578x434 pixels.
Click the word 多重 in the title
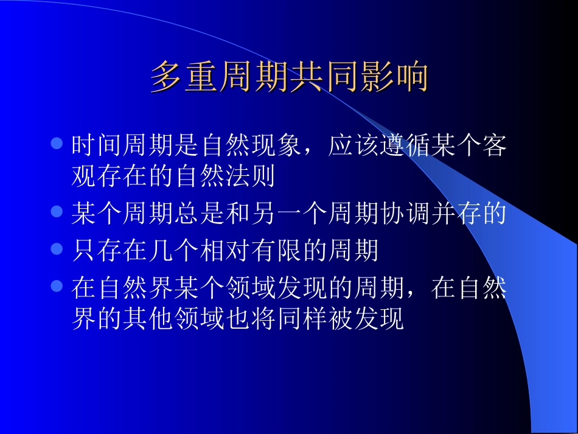[x=185, y=78]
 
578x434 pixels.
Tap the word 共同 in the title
[x=324, y=78]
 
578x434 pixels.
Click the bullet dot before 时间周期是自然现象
[x=57, y=144]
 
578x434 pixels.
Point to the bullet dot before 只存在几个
[x=57, y=249]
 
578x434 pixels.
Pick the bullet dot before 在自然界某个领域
[x=57, y=285]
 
